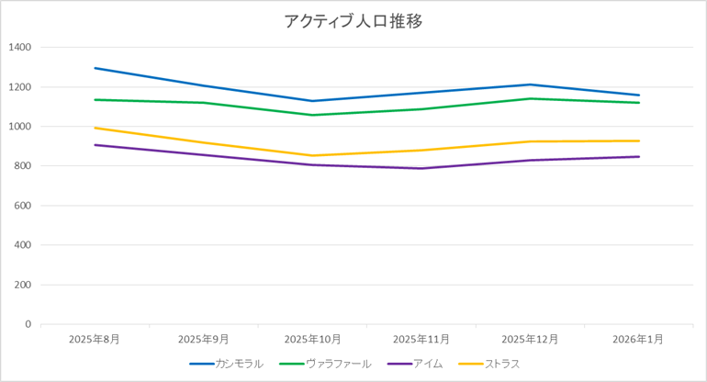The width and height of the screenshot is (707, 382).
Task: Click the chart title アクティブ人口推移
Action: pos(353,21)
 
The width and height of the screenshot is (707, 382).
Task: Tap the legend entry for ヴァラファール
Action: pos(339,364)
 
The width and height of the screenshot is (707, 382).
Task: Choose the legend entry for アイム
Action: pos(428,364)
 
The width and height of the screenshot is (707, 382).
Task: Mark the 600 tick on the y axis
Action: pos(22,206)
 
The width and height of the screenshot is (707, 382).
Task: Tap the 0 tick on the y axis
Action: pos(28,324)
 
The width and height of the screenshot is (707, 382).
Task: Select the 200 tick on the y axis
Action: pos(22,285)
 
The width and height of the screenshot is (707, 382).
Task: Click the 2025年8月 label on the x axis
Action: pos(95,339)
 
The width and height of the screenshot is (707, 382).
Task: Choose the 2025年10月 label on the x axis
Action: pos(312,339)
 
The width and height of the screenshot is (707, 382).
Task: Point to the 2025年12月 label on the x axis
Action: pos(531,339)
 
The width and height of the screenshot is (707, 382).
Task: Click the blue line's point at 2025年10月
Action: pos(312,101)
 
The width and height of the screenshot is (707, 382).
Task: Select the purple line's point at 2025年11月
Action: pos(421,168)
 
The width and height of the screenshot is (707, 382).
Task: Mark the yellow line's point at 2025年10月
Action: pos(312,155)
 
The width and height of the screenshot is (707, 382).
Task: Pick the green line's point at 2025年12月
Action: pos(531,98)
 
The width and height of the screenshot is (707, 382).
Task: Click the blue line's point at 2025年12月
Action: pos(531,84)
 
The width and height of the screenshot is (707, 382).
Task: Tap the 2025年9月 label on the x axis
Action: pos(204,339)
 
